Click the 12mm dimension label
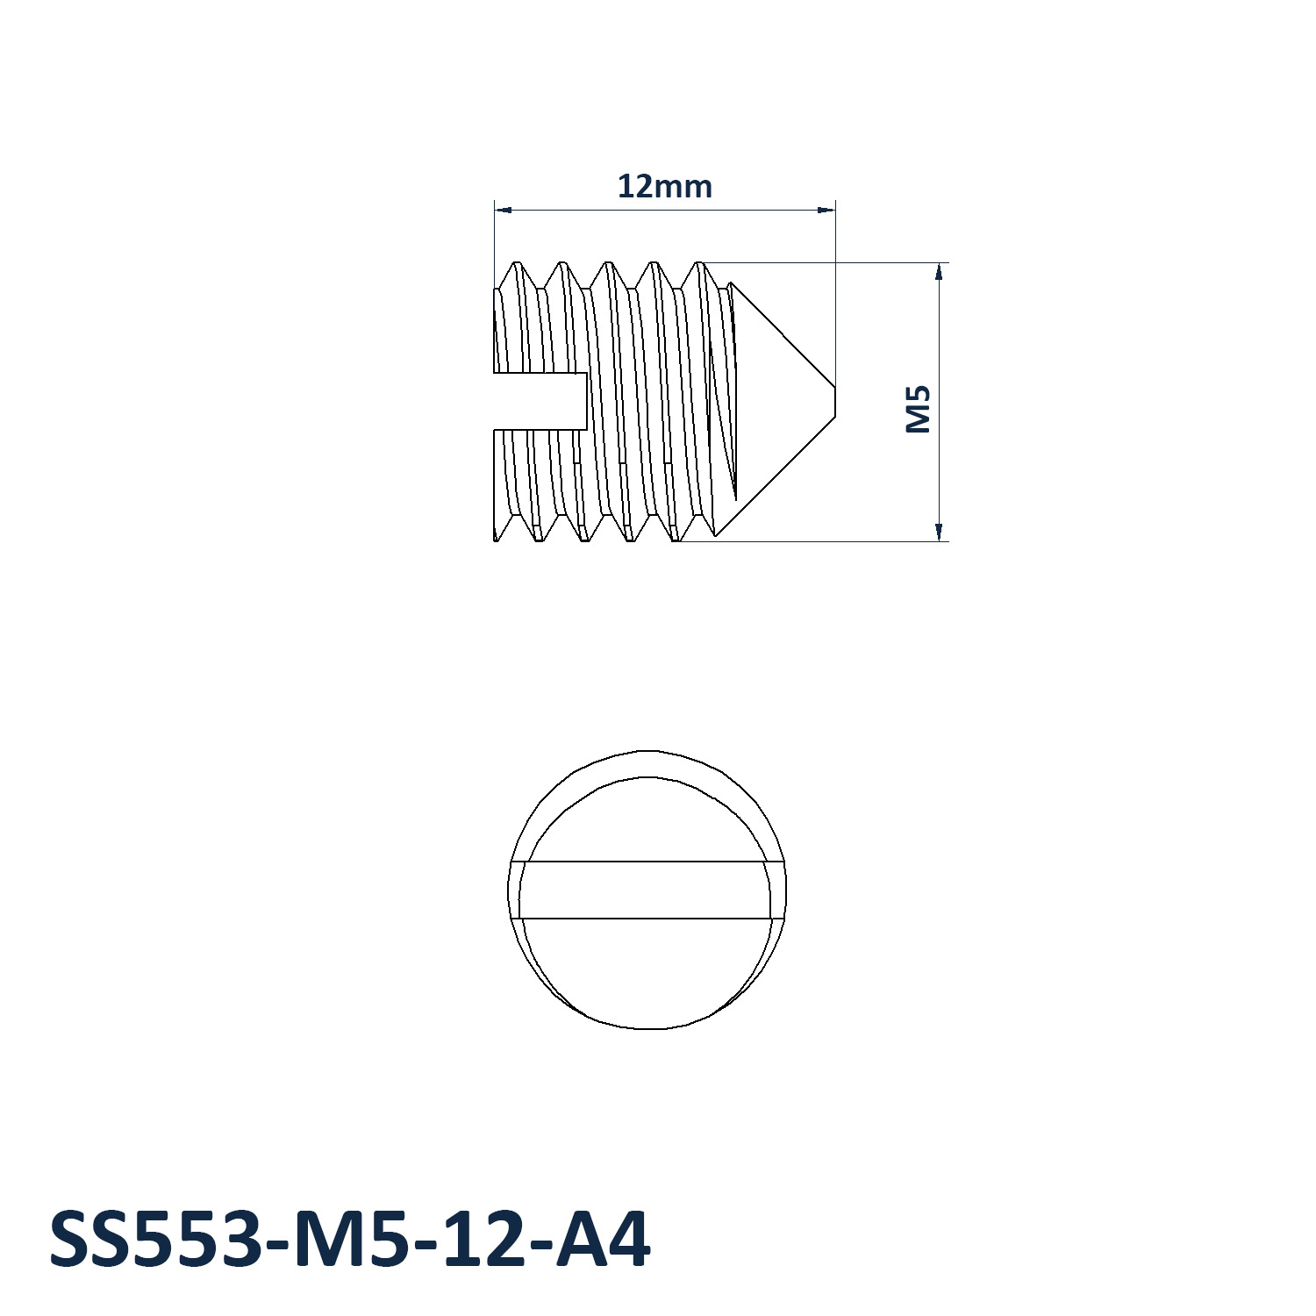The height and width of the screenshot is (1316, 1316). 664,187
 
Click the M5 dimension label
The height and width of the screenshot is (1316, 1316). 918,409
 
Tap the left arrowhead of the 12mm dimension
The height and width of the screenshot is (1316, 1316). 503,210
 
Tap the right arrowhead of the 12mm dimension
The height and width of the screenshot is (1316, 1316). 826,210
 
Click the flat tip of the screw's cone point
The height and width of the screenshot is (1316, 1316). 835,401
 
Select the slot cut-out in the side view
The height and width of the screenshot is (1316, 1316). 540,401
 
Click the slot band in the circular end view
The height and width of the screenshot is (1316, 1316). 647,890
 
